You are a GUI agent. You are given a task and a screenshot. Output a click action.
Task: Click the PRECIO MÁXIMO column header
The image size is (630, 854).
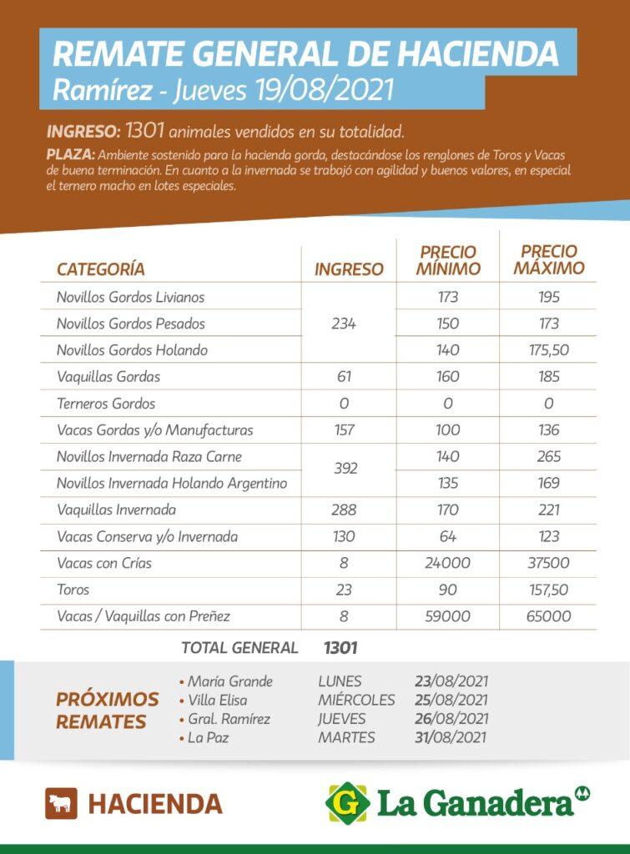point(548,259)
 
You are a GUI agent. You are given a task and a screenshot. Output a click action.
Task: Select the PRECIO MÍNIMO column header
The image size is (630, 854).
point(448,260)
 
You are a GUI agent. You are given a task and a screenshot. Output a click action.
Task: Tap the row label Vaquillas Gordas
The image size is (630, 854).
point(108,377)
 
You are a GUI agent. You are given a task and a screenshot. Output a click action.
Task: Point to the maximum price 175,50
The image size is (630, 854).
point(548,350)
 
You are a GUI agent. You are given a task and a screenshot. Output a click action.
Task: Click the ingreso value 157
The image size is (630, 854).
point(343,430)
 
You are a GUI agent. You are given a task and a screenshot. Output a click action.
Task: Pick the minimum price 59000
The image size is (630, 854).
point(448,616)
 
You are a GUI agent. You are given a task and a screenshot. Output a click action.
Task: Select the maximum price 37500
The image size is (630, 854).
point(548,563)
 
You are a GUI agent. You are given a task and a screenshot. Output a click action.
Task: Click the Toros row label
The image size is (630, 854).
point(73,590)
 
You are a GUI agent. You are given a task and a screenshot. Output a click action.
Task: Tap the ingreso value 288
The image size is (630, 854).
point(343,510)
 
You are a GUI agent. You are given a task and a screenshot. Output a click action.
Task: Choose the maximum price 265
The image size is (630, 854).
point(548,457)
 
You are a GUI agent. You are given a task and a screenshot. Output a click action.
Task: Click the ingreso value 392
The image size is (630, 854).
point(343,469)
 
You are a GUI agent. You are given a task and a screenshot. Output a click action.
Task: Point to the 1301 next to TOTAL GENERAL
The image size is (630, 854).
point(340,647)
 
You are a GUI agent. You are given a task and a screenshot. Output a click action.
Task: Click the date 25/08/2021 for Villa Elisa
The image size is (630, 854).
point(451,700)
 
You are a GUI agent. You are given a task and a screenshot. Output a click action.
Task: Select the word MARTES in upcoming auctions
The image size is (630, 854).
point(346,737)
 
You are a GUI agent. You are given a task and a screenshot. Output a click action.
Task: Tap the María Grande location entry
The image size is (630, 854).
point(229,681)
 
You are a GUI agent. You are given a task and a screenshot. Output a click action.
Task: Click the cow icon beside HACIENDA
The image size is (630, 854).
point(61,803)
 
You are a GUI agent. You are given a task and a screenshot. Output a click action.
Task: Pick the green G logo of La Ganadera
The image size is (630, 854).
point(347,803)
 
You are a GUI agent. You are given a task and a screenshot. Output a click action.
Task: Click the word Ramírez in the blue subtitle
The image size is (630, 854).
point(103,90)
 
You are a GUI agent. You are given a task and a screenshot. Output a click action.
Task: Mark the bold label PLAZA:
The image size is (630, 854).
point(72,155)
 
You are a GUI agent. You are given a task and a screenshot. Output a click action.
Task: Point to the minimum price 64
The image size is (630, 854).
point(448,536)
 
